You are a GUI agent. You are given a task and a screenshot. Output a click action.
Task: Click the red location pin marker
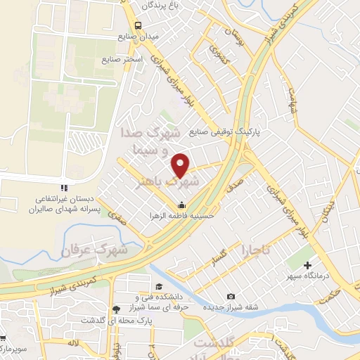click(x=181, y=165)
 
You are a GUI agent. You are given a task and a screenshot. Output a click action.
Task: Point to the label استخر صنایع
click(x=122, y=60)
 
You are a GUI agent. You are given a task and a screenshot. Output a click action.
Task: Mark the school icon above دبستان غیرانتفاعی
click(x=64, y=188)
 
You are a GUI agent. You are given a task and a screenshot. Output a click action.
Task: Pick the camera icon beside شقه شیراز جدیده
click(x=232, y=296)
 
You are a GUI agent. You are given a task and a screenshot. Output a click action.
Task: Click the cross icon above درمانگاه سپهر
click(x=307, y=265)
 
